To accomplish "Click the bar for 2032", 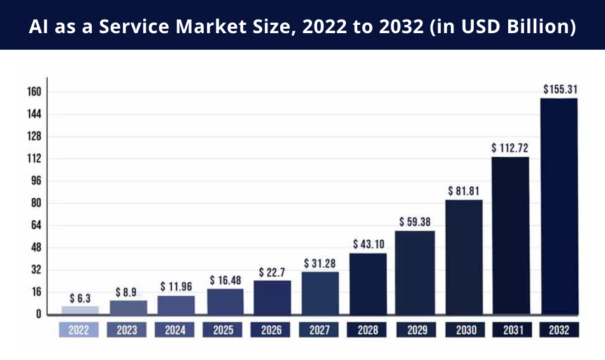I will point(559,206).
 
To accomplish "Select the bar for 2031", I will point(511,235).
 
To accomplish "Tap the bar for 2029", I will point(415,272).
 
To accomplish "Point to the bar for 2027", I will point(320,292).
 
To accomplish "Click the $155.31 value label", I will point(560,90).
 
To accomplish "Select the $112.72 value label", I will point(511,148).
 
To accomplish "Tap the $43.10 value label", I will point(368,244).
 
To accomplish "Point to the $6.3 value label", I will point(80,298).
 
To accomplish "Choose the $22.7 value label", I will point(272,272).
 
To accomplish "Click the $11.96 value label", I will point(176,287).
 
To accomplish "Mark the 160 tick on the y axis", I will point(34,92).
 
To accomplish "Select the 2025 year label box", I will point(224,330).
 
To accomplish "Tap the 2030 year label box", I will point(463,330).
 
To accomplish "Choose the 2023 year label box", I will point(127,330).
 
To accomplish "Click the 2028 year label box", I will point(367,330).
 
